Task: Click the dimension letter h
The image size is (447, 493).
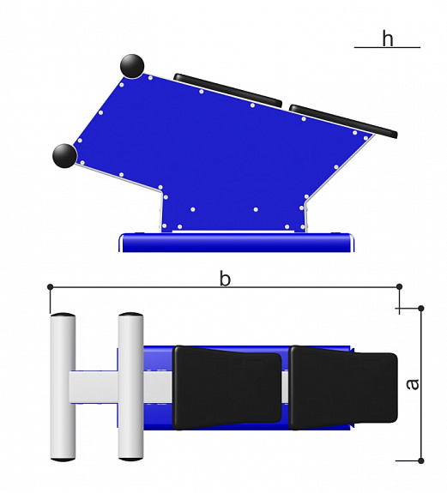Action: click(x=388, y=39)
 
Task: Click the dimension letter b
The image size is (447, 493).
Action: click(x=225, y=279)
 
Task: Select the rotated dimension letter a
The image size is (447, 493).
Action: click(x=413, y=384)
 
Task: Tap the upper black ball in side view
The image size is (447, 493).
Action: click(x=132, y=66)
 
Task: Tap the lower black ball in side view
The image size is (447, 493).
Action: click(x=64, y=156)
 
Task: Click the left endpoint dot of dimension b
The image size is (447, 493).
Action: click(x=50, y=286)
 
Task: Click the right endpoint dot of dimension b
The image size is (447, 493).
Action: click(x=400, y=286)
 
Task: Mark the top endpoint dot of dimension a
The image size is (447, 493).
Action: click(x=421, y=309)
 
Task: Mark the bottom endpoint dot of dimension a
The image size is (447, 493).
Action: click(x=421, y=460)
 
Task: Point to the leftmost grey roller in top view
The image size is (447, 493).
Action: click(x=63, y=387)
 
